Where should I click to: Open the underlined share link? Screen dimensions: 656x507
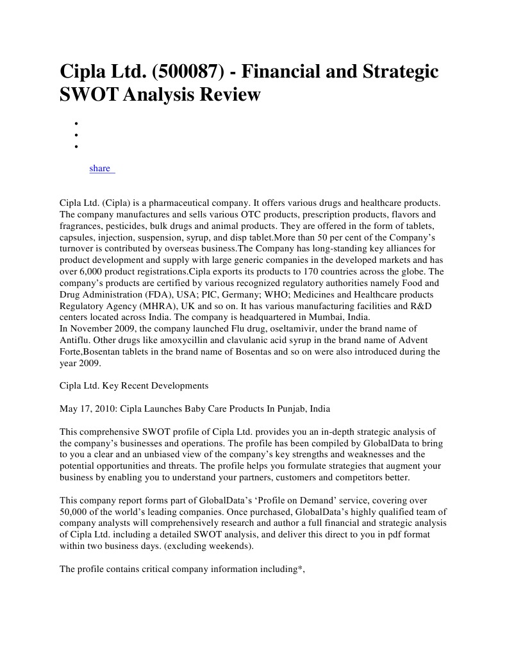tap(101, 168)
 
